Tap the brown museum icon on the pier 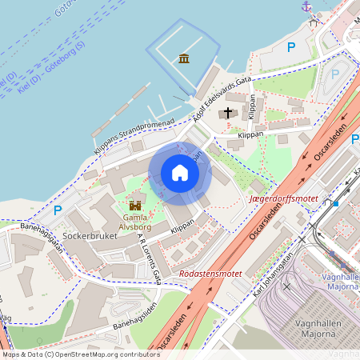185,58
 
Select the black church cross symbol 229,113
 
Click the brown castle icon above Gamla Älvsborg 134,205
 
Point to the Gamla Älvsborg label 134,221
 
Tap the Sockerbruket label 90,237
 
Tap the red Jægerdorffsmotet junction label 283,197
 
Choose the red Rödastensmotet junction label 211,273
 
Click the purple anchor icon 306,6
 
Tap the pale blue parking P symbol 334,74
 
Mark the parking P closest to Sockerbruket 57,211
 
